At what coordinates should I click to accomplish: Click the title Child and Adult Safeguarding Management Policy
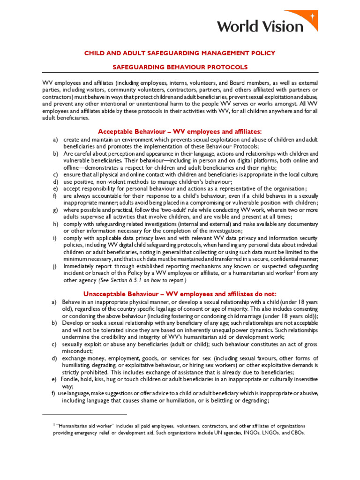point(180,53)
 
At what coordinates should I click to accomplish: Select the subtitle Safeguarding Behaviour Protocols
point(180,67)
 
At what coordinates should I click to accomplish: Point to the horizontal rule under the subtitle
point(180,73)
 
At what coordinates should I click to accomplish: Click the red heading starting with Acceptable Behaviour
point(180,131)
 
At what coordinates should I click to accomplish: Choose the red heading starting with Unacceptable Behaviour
point(180,293)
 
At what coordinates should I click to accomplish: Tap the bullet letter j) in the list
point(55,266)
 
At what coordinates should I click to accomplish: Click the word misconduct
point(77,351)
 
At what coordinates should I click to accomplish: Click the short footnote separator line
point(84,414)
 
